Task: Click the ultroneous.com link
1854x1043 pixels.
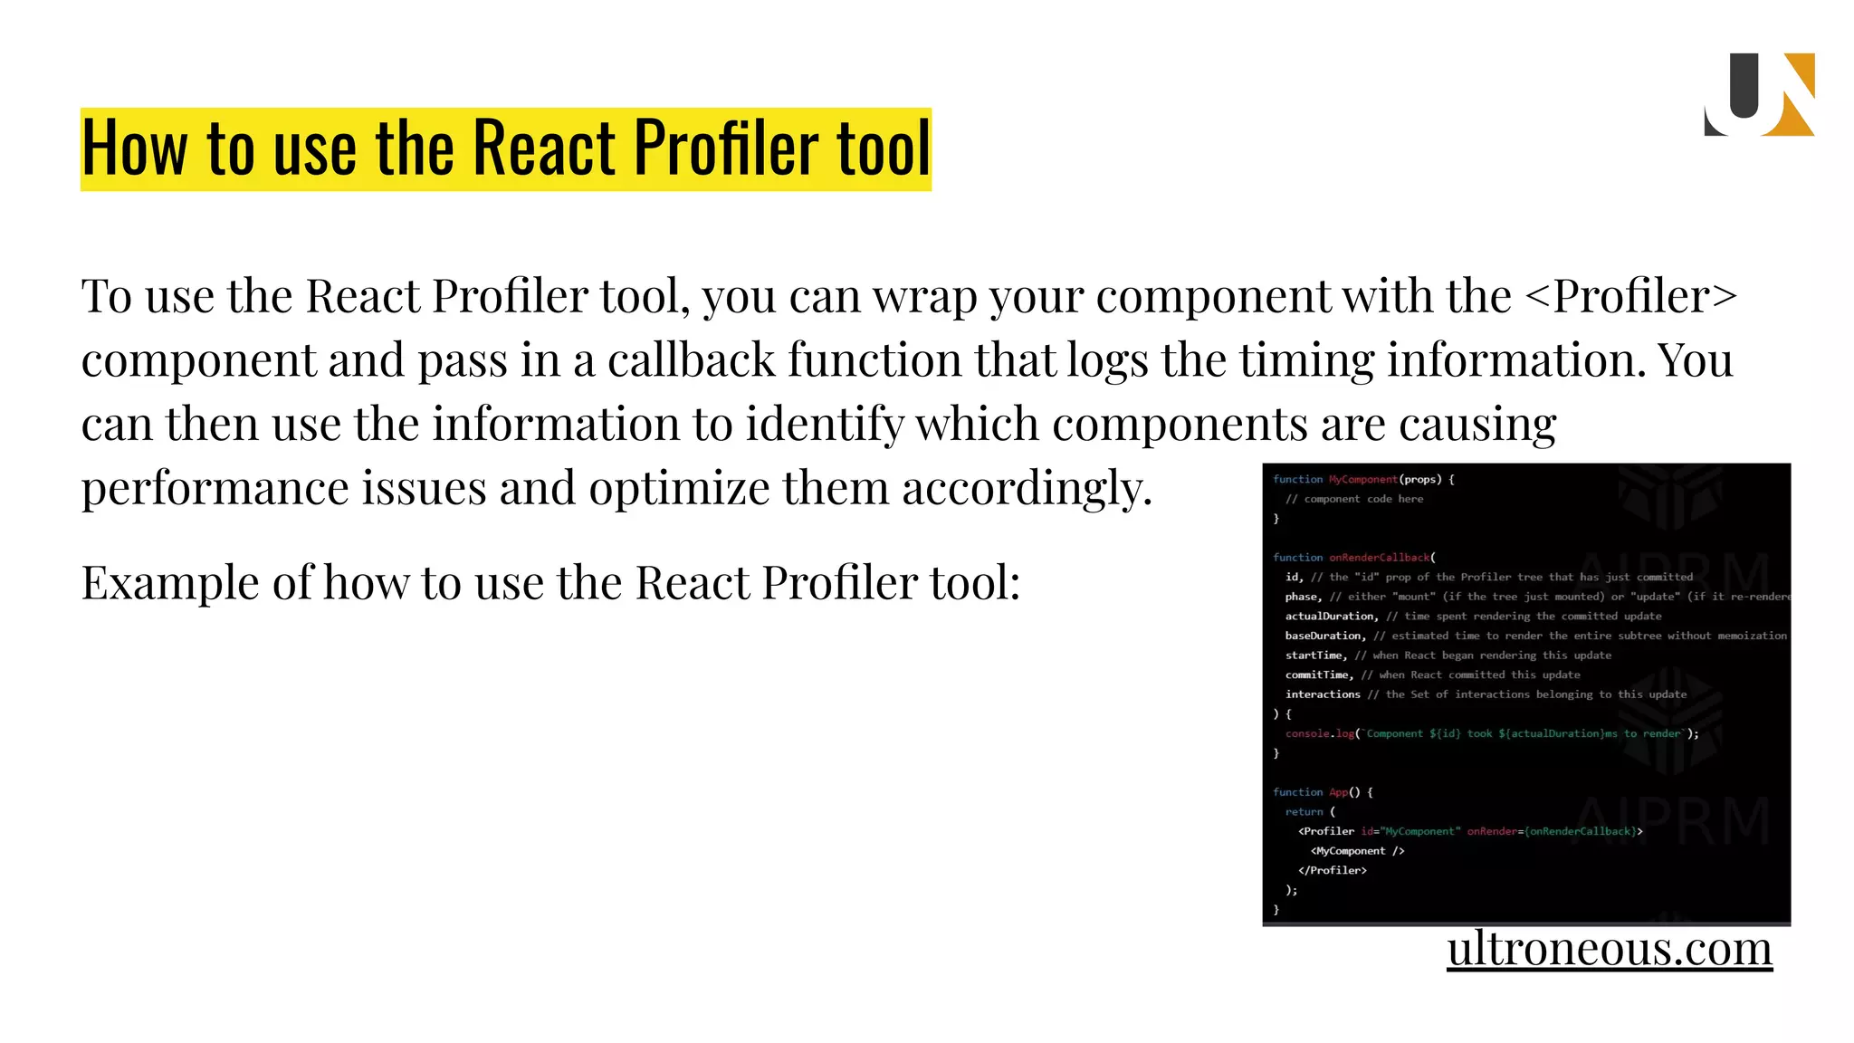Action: click(x=1609, y=949)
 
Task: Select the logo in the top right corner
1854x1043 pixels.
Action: click(x=1759, y=95)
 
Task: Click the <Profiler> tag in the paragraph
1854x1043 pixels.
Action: click(x=1631, y=296)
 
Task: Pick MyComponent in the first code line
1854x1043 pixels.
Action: click(x=1363, y=479)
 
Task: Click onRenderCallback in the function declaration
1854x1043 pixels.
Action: click(x=1380, y=558)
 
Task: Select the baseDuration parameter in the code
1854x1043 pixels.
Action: click(x=1324, y=636)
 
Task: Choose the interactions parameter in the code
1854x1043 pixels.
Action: click(x=1323, y=694)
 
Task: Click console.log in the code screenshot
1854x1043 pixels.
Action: click(x=1320, y=734)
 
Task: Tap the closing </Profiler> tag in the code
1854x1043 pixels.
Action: click(x=1333, y=871)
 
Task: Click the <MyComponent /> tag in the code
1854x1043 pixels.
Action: click(x=1357, y=851)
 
